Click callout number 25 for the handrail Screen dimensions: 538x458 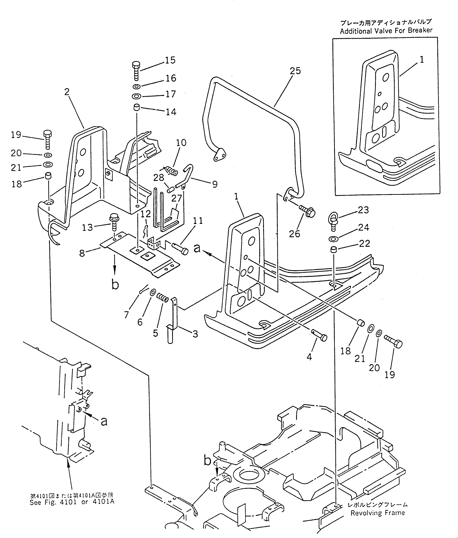click(x=295, y=71)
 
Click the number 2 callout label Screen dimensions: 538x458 click(x=67, y=92)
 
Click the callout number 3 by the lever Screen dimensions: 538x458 click(x=195, y=334)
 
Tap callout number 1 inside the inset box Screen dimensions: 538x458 click(x=422, y=60)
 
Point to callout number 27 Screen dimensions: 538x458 click(x=176, y=198)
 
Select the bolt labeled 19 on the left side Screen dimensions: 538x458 click(x=47, y=140)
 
